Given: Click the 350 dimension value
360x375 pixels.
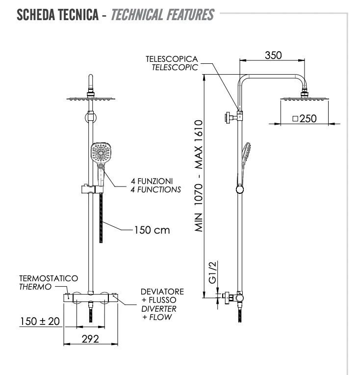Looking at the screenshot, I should pyautogui.click(x=273, y=55).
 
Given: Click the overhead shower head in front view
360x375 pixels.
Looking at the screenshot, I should pyautogui.click(x=92, y=98).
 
